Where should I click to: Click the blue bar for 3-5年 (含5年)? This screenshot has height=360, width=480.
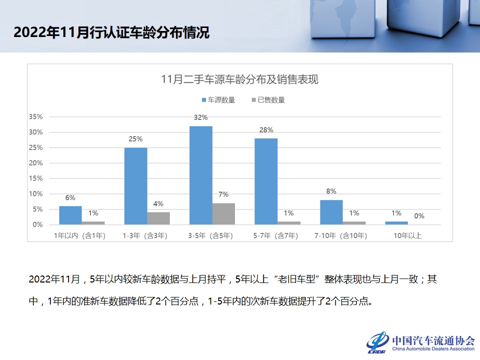(x=200, y=175)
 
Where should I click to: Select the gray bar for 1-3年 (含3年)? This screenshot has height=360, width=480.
(x=158, y=218)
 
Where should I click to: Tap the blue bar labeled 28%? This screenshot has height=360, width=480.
(x=266, y=181)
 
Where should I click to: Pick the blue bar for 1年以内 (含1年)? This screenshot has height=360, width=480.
(x=70, y=215)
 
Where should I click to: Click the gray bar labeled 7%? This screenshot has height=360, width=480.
(x=223, y=214)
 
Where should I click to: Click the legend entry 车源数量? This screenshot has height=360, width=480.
(x=218, y=100)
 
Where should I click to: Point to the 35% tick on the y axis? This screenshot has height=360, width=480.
(x=35, y=117)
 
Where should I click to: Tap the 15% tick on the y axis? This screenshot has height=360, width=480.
(x=35, y=178)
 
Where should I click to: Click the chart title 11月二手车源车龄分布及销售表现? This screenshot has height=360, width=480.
(x=239, y=79)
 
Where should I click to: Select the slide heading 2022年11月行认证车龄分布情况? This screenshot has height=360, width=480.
(x=111, y=32)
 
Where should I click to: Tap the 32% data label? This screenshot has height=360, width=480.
(x=200, y=117)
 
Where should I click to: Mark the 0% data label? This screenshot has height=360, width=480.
(x=419, y=216)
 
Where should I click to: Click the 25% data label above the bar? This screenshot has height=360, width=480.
(x=135, y=139)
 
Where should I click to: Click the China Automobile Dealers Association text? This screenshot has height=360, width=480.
(x=433, y=349)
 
